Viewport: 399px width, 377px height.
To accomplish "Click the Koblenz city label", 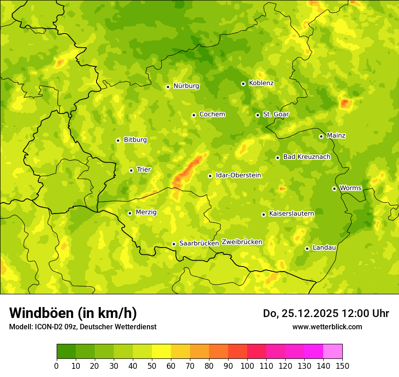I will point(261,83).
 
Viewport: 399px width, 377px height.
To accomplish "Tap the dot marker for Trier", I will point(131,170).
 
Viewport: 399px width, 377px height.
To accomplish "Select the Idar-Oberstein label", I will point(238,175).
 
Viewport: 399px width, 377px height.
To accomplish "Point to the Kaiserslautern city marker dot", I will point(263,214).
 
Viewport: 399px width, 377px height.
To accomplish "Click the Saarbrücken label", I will point(199,243).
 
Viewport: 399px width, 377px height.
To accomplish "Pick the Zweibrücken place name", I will point(242,242).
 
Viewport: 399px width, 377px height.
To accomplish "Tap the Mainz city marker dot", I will point(321,136).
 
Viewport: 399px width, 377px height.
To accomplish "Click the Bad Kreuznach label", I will point(307,157).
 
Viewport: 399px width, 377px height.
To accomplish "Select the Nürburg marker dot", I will point(168,87).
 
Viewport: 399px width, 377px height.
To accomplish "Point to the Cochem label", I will point(212,114).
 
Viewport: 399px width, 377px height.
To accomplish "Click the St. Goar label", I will point(276,114).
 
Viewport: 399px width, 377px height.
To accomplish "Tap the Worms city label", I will point(350,188).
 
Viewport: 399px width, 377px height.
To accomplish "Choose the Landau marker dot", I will point(307,248).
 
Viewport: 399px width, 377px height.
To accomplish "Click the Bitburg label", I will point(135,140).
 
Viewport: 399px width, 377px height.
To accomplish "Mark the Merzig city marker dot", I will point(130,213).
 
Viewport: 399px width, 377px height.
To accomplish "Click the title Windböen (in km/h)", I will point(73,313).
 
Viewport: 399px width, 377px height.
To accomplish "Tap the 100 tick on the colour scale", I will point(247,366).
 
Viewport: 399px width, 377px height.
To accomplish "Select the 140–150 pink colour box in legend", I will point(333,352).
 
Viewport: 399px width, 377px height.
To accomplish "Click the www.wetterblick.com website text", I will point(327,327).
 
